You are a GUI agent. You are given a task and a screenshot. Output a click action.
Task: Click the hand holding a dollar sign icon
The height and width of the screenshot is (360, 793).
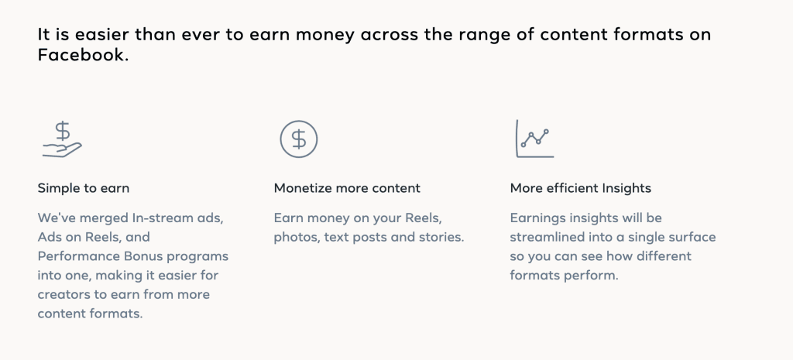click(62, 139)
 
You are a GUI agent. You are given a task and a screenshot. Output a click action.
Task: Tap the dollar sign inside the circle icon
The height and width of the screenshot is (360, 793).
click(299, 139)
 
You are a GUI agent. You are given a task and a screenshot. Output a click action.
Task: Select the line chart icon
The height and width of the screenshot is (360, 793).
click(534, 139)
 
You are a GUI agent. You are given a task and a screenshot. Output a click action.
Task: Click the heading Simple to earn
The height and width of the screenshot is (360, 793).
click(84, 189)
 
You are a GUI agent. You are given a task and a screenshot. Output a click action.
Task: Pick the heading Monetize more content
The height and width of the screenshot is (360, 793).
click(347, 189)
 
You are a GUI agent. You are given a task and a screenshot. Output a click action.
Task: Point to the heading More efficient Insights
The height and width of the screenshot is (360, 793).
click(581, 189)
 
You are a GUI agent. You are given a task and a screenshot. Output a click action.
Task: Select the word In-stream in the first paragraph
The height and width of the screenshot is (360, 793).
click(156, 218)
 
